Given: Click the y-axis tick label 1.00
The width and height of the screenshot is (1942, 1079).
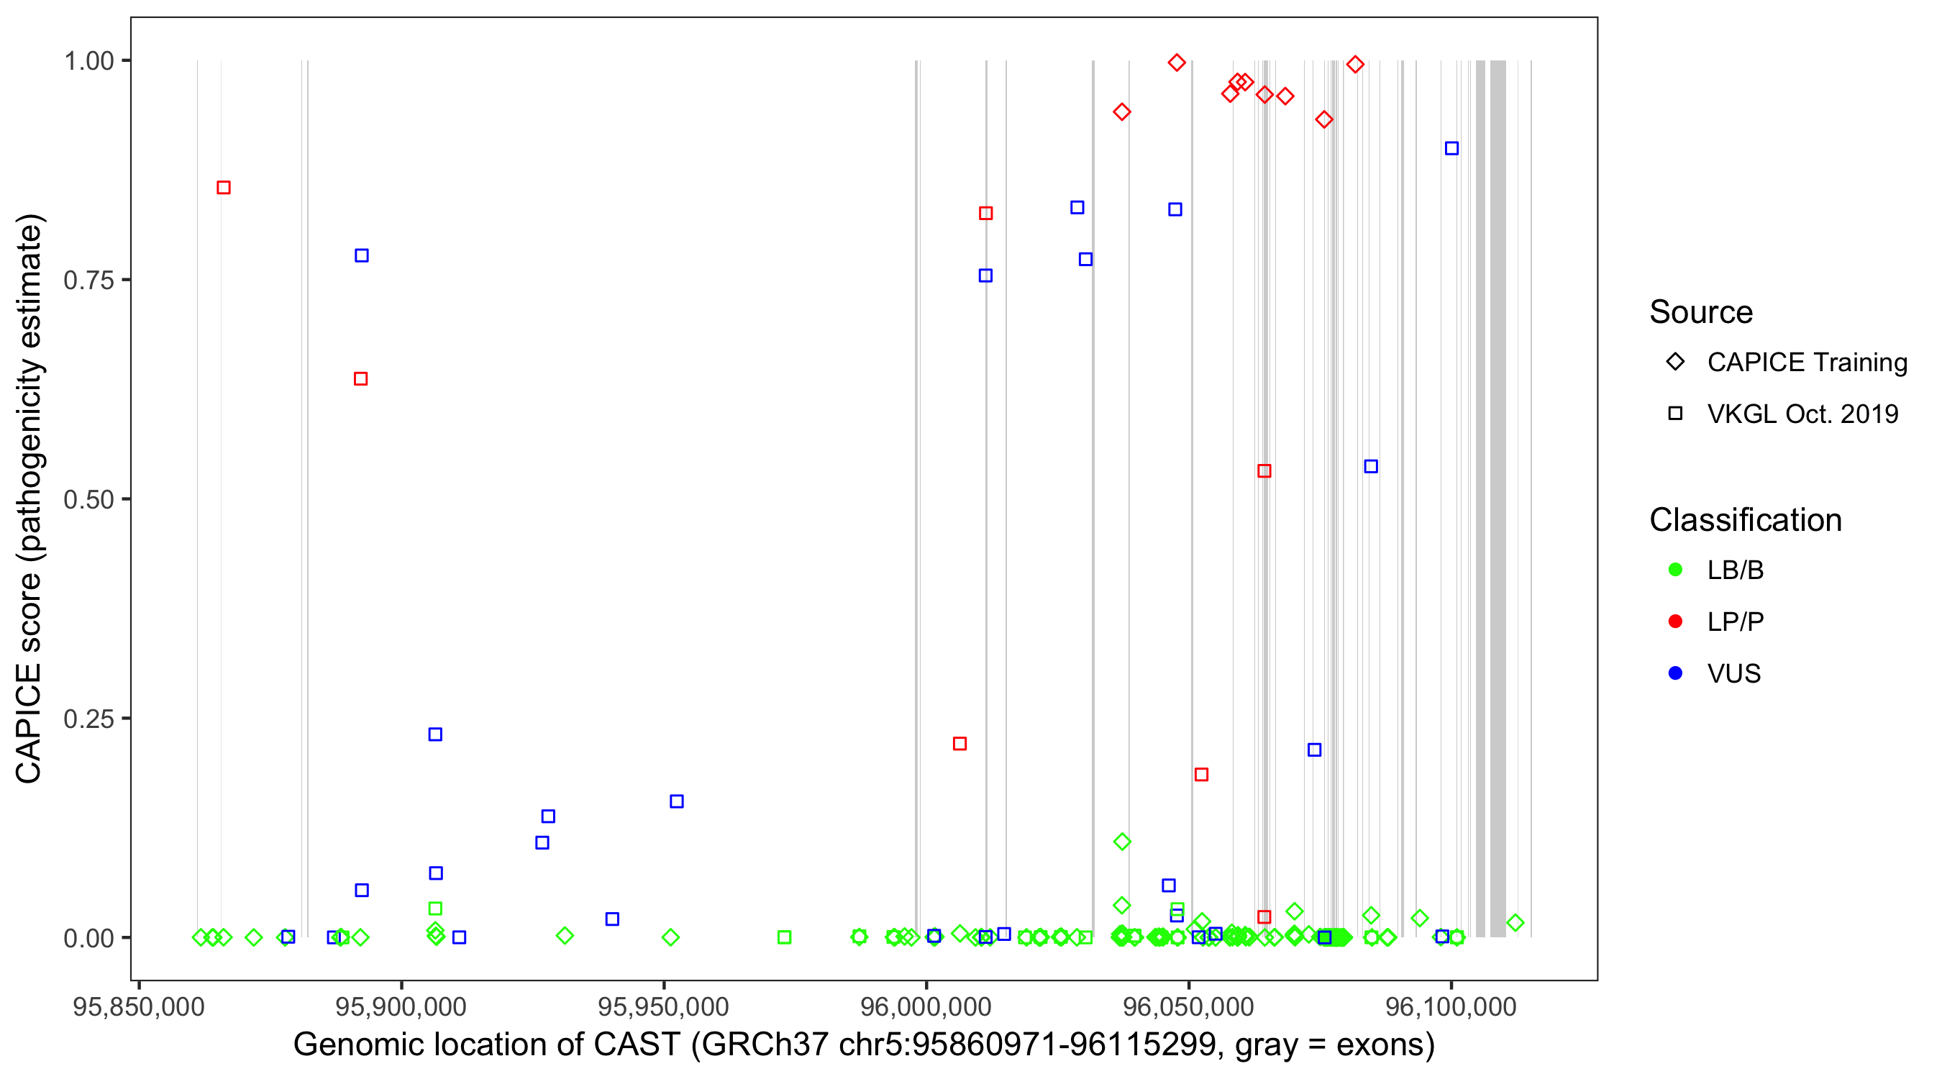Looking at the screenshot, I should click(x=88, y=61).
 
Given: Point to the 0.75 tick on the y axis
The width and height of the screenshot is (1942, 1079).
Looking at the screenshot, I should click(x=88, y=281).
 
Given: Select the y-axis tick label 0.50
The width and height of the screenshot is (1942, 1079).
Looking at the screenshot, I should click(x=88, y=500).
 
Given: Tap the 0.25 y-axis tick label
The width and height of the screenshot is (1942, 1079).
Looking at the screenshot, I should click(x=88, y=719).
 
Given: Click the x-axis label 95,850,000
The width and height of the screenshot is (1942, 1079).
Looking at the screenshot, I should click(x=139, y=1007).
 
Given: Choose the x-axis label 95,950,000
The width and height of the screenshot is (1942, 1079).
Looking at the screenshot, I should click(x=663, y=1007).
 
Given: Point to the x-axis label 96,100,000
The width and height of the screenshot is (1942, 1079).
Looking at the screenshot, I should click(x=1451, y=1007).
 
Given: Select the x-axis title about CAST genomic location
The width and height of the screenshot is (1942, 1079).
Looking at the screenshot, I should click(x=864, y=1045).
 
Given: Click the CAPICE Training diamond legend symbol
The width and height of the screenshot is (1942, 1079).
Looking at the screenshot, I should click(x=1676, y=362).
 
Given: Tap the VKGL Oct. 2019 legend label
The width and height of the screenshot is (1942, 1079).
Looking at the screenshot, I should click(x=1802, y=414).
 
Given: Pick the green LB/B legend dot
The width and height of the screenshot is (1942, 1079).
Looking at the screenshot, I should click(x=1676, y=570).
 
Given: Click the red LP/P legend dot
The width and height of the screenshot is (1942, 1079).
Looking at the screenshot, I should click(x=1676, y=622).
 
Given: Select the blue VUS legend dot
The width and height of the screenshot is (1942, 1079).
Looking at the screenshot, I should click(x=1676, y=673).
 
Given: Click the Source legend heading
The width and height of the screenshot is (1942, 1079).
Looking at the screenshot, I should click(x=1701, y=312).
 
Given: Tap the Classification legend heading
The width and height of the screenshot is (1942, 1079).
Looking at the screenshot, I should click(x=1745, y=520).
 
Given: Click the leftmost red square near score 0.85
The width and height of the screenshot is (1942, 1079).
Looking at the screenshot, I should click(x=224, y=188).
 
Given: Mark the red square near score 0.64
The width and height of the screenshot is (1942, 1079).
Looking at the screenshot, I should click(x=361, y=378).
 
